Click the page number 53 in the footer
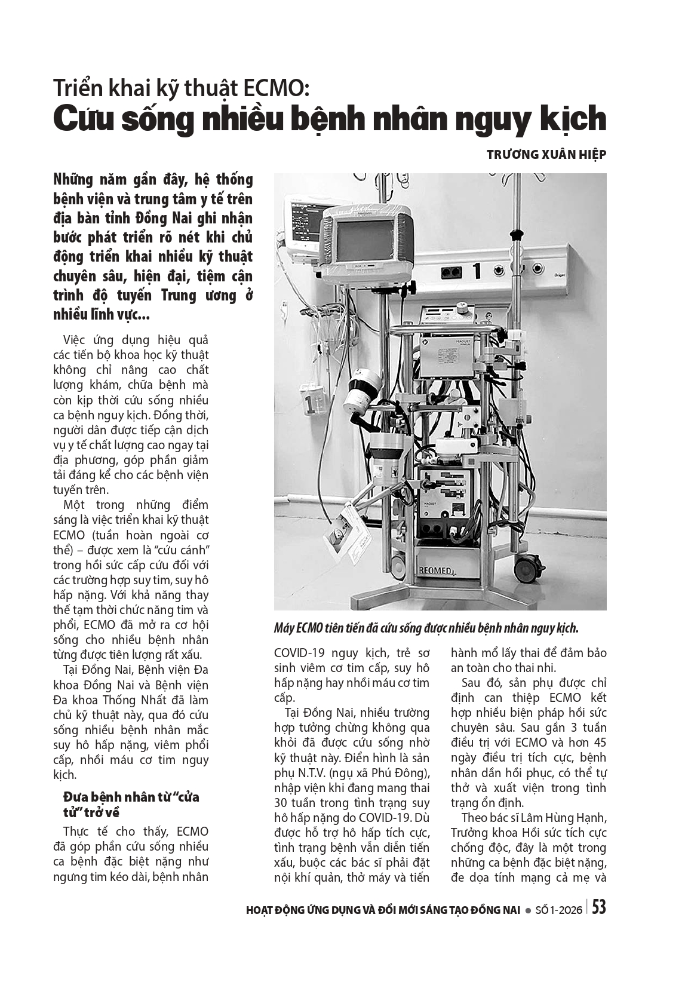[x=599, y=907]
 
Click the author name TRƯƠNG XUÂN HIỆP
[x=546, y=154]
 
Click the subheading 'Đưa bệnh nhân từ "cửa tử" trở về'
[x=131, y=805]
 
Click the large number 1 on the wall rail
[x=477, y=272]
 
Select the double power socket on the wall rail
[x=451, y=272]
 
